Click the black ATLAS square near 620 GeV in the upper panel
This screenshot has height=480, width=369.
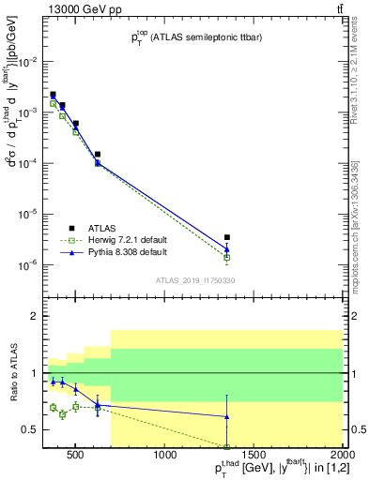pyautogui.click(x=98, y=154)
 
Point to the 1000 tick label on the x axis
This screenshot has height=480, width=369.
pyautogui.click(x=165, y=456)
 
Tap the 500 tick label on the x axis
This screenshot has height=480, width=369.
pyautogui.click(x=77, y=456)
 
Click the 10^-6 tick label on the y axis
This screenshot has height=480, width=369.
pyautogui.click(x=28, y=265)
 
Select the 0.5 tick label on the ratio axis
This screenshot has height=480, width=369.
pyautogui.click(x=30, y=430)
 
